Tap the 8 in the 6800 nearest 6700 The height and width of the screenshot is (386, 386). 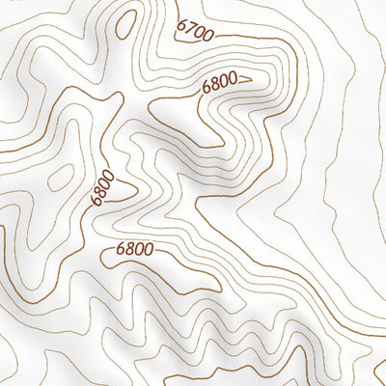[213, 87]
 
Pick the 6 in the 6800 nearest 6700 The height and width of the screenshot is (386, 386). [206, 90]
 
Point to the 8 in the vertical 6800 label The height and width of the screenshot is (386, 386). [99, 194]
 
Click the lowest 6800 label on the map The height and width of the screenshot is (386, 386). [133, 250]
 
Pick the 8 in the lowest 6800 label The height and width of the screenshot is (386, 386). [127, 250]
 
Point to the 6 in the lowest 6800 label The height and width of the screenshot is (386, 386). [119, 250]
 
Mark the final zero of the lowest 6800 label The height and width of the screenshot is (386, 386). [147, 250]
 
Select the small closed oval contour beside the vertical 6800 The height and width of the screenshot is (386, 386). [60, 177]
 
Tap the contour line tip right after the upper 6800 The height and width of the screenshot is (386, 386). [249, 78]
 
